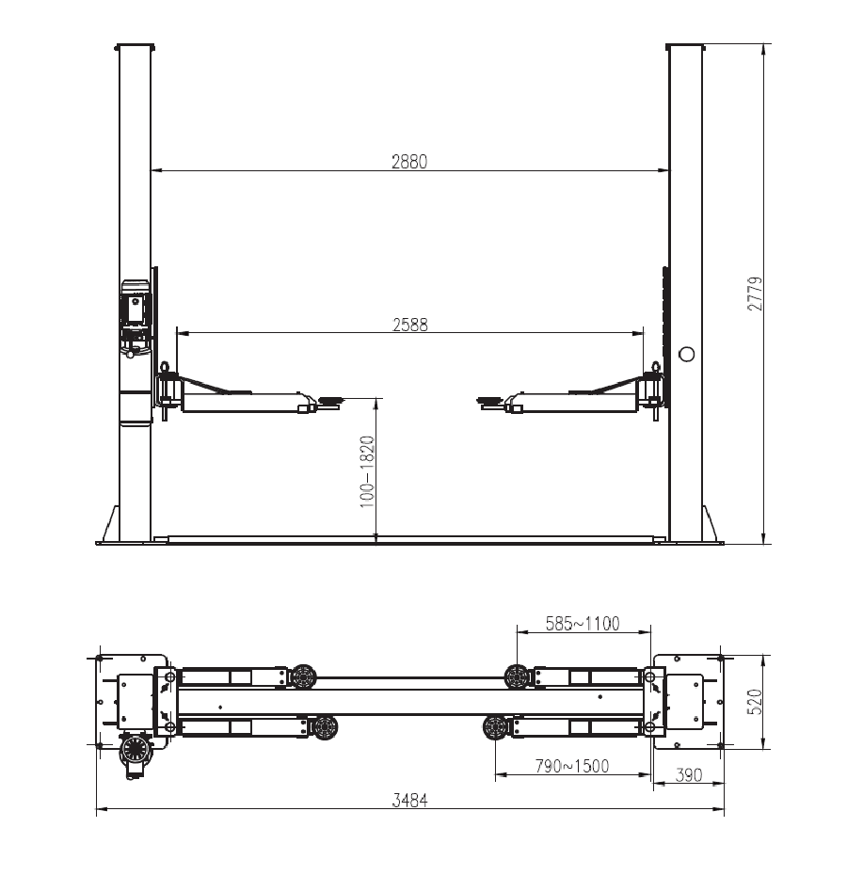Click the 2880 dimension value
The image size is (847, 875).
409,161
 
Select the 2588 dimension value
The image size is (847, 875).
409,324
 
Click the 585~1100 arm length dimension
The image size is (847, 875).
583,623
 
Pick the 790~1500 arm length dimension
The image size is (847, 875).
572,766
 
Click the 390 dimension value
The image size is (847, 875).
690,775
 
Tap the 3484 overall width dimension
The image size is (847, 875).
409,801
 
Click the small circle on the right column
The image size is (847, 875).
686,354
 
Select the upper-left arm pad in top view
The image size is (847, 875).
303,676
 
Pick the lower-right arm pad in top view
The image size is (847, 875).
495,726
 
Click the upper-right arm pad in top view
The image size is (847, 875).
516,676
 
